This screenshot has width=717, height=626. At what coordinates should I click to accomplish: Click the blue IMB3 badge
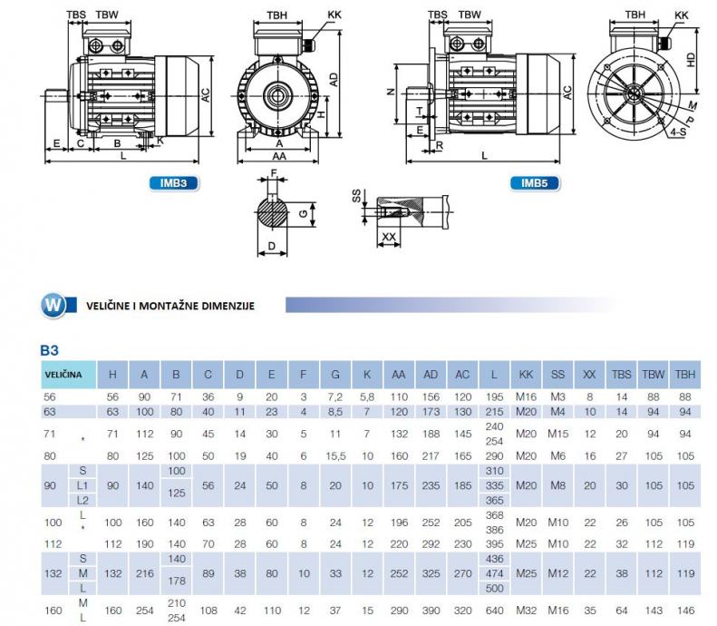tap(174, 183)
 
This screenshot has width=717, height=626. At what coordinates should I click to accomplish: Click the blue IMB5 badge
tap(535, 183)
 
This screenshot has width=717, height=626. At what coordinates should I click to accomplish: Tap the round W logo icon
tap(53, 305)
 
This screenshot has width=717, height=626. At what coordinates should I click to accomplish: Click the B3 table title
tap(49, 350)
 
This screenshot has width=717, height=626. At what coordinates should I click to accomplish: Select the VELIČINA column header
tap(63, 375)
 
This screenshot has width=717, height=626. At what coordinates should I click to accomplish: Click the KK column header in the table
tap(526, 375)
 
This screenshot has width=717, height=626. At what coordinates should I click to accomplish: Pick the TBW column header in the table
tap(653, 375)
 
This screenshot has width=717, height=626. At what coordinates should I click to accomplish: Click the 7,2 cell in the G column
tap(335, 396)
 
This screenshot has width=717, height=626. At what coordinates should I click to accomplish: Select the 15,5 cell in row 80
tap(335, 455)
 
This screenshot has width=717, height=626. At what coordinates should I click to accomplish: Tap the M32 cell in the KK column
tap(526, 610)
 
